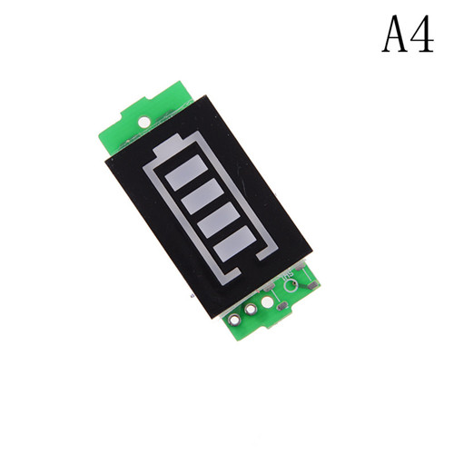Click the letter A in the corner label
[395, 34]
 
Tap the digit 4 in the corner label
[421, 34]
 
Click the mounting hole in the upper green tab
[144, 122]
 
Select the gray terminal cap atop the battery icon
[168, 146]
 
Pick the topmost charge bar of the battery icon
[186, 173]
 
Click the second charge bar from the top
[202, 196]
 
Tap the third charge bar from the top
[219, 220]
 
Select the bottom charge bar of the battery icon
[235, 243]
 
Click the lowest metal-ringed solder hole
[235, 319]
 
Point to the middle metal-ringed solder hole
[251, 310]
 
